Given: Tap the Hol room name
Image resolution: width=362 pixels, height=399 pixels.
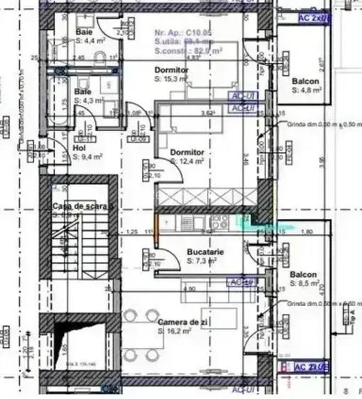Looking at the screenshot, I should pos(79,149).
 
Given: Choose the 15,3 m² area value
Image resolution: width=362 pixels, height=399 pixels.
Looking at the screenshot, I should pos(172,80).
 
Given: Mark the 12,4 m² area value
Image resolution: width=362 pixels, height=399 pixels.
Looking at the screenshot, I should pos(190,162).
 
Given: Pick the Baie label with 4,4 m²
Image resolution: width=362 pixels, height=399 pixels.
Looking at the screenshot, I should pos(84,33).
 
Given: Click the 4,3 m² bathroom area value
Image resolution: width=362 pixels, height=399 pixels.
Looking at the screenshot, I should pos(90,101).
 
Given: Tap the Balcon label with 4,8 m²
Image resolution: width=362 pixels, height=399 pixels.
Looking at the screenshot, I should pos(305,82).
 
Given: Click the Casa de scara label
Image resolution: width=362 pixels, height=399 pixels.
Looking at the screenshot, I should pos(82,206).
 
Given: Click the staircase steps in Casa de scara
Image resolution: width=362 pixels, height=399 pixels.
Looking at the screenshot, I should pos(84,248).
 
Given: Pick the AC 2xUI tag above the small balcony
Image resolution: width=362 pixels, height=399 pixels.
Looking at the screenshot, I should pos(312,16).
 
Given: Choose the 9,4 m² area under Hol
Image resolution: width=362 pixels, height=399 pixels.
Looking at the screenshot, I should pos(87,157).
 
